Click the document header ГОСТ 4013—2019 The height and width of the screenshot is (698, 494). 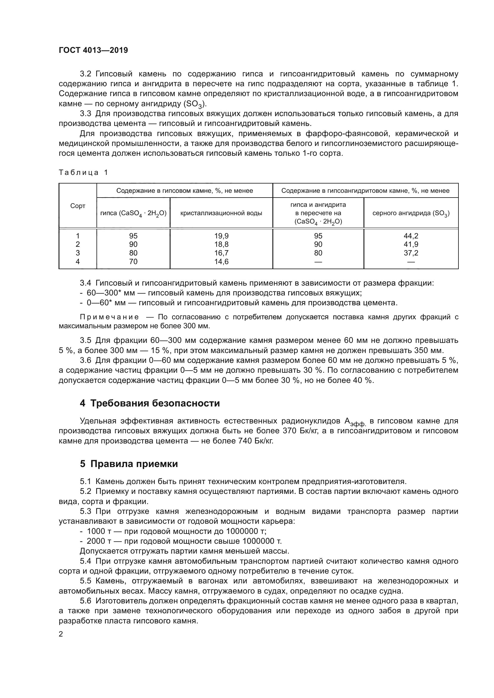(x=93, y=50)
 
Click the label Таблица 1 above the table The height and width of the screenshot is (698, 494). (x=83, y=173)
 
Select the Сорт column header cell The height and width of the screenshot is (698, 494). (x=78, y=206)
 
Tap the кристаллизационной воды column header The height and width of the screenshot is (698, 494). (x=221, y=213)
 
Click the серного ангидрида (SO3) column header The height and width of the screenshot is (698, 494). (x=411, y=213)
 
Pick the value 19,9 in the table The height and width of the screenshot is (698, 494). (x=221, y=236)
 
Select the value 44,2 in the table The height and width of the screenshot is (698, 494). (x=411, y=236)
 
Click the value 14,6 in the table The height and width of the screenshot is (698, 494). (x=221, y=261)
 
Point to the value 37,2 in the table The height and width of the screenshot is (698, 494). (x=411, y=253)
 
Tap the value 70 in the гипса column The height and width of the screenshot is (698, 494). (x=133, y=261)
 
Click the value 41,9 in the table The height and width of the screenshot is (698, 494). (x=411, y=244)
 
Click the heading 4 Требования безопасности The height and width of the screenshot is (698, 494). (x=150, y=403)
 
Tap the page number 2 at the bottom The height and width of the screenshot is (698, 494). (x=61, y=634)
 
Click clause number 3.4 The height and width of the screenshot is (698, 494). (x=85, y=283)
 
